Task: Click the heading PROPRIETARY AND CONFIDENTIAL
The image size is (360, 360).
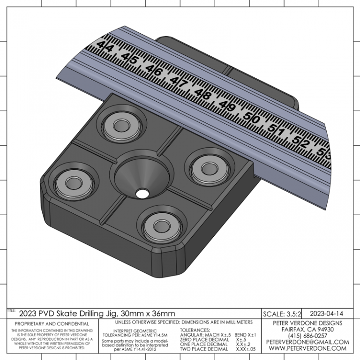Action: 52,324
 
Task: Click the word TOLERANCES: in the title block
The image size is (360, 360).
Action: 195,330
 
